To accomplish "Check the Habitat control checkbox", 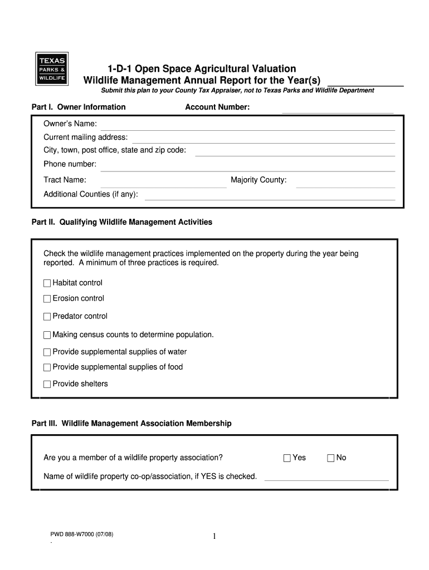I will (47, 283).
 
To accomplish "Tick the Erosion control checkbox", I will (47, 299).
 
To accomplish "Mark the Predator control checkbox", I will (47, 317).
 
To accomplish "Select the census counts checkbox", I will (47, 335).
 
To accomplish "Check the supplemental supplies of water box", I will (47, 352).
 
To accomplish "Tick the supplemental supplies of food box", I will (47, 367).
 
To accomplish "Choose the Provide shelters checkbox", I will (47, 384).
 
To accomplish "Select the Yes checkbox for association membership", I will (287, 458).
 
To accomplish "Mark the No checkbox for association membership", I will (330, 458).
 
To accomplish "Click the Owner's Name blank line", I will (247, 127).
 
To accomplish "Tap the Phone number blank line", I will (247, 168).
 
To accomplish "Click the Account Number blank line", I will (338, 110).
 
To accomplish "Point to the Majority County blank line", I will (345, 184).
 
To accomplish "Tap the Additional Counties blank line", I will (270, 197).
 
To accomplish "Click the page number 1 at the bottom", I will (214, 537).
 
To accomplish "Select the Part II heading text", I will (122, 222).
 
